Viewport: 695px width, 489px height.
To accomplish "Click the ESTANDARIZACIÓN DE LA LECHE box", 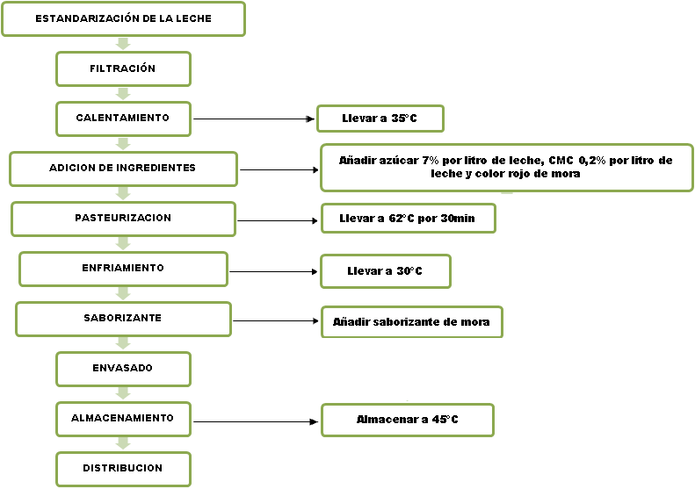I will coord(123,19).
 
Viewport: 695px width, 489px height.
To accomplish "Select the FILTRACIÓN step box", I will coord(123,68).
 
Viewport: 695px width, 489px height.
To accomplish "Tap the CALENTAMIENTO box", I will coord(123,119).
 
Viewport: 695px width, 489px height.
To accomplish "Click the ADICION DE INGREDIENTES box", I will coord(123,169).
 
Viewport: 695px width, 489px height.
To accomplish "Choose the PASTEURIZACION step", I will coord(123,219).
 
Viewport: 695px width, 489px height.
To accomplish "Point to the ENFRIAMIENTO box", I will coord(123,269).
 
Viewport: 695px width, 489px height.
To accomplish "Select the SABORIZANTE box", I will coord(123,319).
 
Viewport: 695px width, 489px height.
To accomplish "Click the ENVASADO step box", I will coord(123,369).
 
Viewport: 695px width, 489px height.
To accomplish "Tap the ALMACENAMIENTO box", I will coord(123,419).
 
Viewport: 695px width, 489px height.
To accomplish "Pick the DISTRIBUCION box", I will coord(123,469).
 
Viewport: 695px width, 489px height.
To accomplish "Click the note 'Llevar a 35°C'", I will coord(380,119).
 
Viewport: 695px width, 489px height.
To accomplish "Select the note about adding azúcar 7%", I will coord(506,168).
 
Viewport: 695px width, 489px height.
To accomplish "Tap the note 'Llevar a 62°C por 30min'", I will coord(408,219).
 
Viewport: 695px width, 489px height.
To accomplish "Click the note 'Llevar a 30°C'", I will coord(385,271).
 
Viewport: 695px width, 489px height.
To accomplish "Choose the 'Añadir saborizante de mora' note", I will coord(411,322).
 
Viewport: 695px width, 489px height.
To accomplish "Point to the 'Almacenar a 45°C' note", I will coord(408,420).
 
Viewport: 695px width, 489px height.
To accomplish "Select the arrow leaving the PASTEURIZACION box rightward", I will coord(277,220).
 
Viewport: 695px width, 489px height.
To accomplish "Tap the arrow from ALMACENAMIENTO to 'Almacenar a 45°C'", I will coord(255,422).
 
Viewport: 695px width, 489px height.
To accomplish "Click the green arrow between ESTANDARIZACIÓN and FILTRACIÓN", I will coord(123,44).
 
